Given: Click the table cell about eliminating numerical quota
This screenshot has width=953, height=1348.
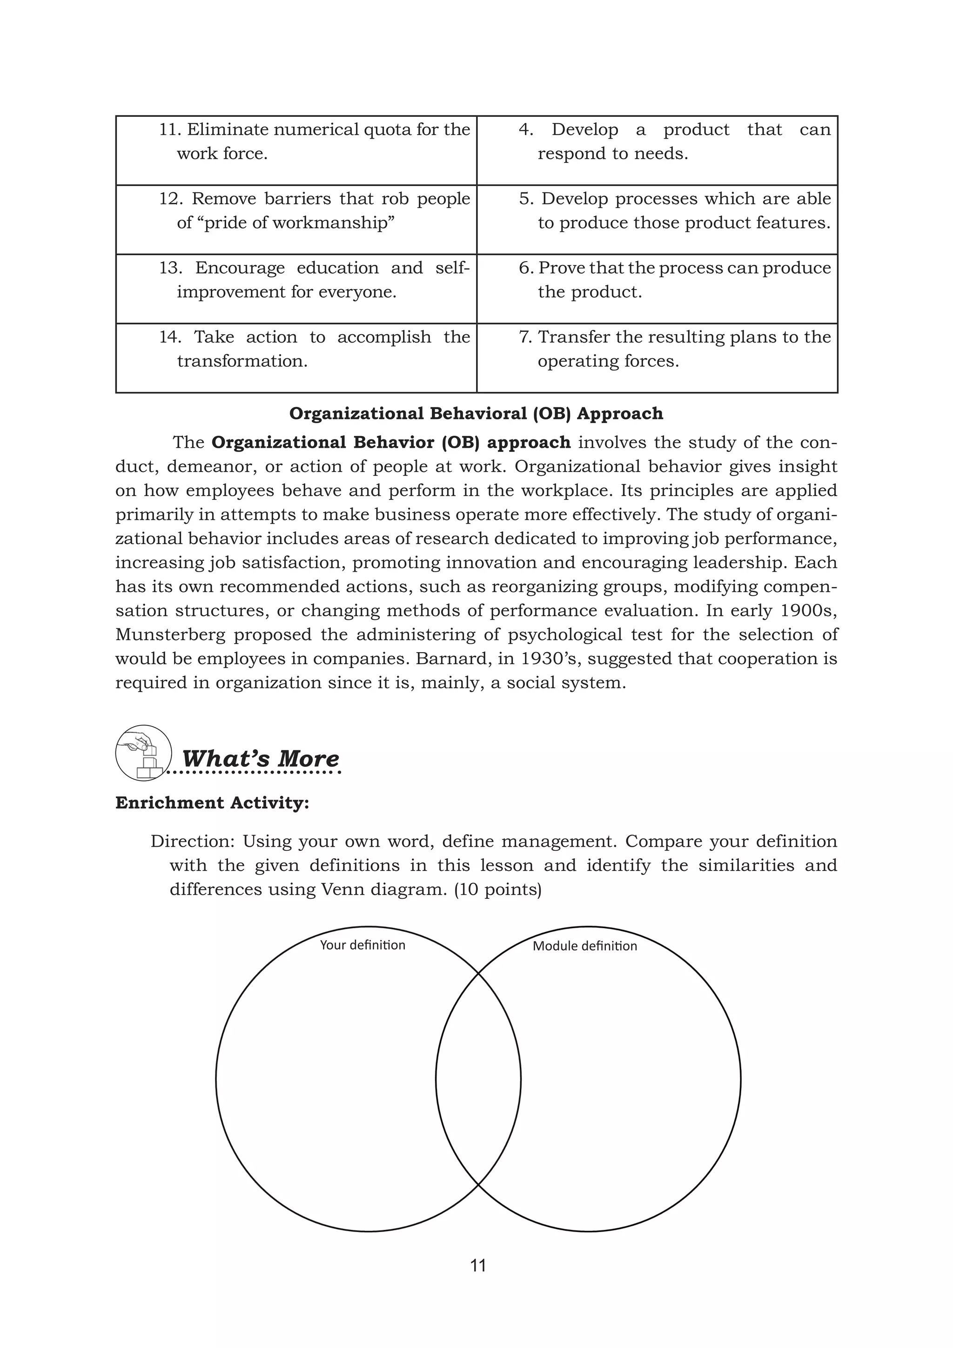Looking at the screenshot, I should pos(296,150).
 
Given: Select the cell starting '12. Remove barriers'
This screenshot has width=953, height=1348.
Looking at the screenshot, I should pos(296,219).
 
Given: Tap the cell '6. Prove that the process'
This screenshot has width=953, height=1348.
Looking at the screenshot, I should pos(657,288).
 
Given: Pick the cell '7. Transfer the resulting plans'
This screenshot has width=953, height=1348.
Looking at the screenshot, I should pos(657,357).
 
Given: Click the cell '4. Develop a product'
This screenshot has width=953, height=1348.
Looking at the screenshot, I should pos(657,150).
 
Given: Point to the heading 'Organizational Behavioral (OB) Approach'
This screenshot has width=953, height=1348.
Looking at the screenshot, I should pos(476,413).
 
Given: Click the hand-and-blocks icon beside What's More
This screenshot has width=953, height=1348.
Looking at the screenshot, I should pos(143,753).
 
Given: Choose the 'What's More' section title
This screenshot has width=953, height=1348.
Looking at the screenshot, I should pos(260,758).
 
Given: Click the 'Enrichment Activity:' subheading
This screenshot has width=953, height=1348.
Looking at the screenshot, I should pos(212,802).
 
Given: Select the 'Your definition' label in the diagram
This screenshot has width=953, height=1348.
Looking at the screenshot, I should pos(362,944).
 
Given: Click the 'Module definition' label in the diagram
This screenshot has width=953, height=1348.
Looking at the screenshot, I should pos(584,946).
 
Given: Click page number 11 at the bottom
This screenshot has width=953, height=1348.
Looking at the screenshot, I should pos(478,1265).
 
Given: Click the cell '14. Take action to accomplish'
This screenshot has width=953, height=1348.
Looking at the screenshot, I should pos(296,357).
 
